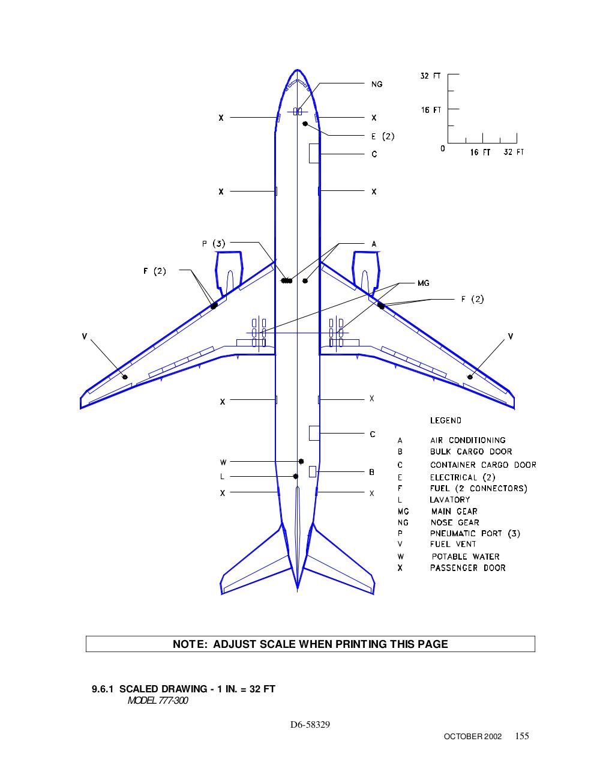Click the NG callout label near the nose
click(377, 85)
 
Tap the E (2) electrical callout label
click(383, 136)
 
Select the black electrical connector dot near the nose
click(305, 124)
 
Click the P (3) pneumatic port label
click(214, 244)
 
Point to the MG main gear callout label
click(424, 283)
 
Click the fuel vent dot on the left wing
click(125, 377)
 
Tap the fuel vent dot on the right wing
click(470, 377)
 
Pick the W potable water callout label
click(223, 462)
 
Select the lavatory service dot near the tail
click(296, 476)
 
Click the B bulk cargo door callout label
click(372, 473)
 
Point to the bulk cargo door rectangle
click(313, 471)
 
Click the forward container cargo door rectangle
click(314, 153)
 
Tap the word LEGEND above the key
click(446, 420)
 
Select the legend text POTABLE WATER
click(466, 557)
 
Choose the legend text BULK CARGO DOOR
click(471, 452)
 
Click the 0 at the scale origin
click(443, 148)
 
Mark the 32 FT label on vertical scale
click(430, 76)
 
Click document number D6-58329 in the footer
click(310, 724)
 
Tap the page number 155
click(522, 736)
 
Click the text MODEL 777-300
click(158, 701)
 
